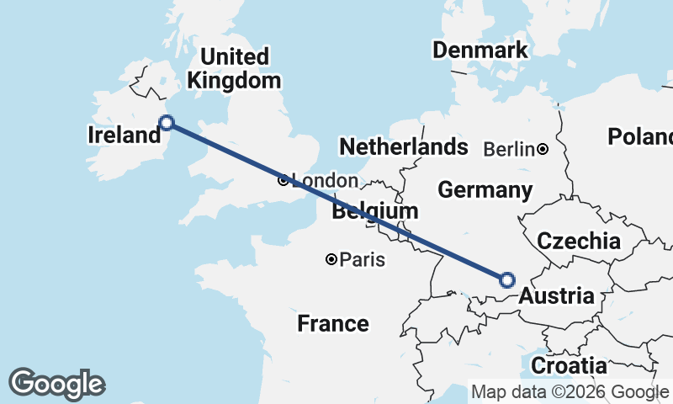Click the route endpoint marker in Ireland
click(x=167, y=123)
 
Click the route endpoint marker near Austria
click(x=507, y=280)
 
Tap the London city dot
click(x=283, y=180)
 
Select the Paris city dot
click(x=332, y=259)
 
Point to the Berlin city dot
click(x=543, y=150)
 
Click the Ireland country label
click(x=124, y=135)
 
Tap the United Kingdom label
click(x=235, y=69)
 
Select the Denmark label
click(x=480, y=50)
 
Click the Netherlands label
click(x=403, y=146)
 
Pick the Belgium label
click(x=374, y=210)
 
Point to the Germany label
click(x=485, y=190)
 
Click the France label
click(x=333, y=323)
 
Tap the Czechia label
click(x=579, y=242)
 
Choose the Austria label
click(x=556, y=296)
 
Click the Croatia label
click(x=570, y=366)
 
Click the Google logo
click(x=56, y=384)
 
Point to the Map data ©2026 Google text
click(x=569, y=392)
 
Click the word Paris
click(x=363, y=260)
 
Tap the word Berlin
click(x=509, y=150)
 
